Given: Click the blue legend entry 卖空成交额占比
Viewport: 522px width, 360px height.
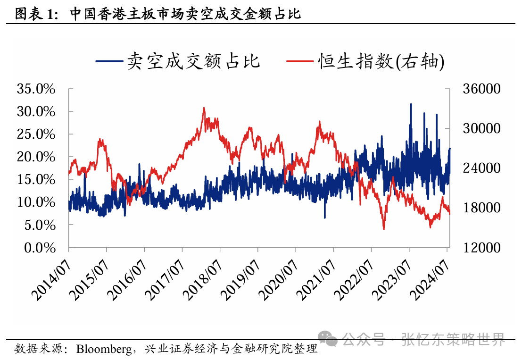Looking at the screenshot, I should (x=193, y=61).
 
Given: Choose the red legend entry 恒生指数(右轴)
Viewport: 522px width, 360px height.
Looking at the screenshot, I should (x=381, y=61).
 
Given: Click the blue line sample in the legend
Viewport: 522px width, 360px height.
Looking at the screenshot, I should (x=109, y=61).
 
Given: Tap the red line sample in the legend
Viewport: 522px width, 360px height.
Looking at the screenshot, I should (x=300, y=61).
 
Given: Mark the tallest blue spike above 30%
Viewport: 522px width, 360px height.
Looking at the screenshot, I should (x=411, y=104).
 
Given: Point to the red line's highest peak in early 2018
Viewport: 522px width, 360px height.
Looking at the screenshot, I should (x=204, y=108).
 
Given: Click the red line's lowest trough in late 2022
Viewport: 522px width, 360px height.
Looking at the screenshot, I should (x=384, y=229).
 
